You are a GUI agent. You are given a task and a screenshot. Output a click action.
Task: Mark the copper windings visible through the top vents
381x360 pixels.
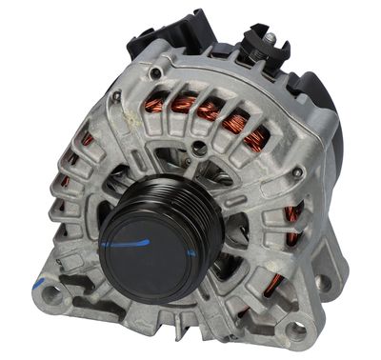click(x=210, y=112)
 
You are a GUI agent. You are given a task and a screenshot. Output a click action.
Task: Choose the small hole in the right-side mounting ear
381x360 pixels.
click(x=326, y=282)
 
